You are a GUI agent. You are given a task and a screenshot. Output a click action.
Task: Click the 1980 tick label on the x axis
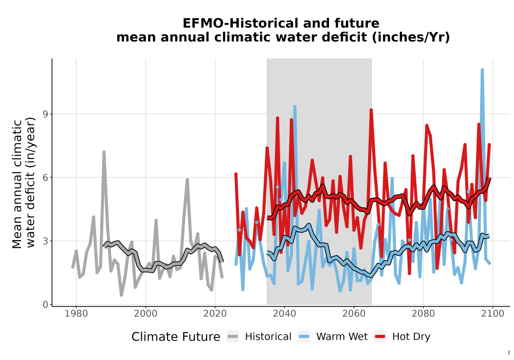[77, 314]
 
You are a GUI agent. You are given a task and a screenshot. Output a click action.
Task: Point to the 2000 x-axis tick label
[145, 314]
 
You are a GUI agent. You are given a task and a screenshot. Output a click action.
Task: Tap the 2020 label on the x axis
[215, 314]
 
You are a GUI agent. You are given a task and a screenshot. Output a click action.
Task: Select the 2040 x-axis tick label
[285, 314]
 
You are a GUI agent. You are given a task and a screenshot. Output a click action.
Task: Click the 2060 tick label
[354, 314]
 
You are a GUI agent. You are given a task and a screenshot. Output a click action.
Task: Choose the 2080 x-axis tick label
[423, 314]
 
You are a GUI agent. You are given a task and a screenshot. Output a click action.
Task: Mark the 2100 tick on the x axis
[492, 314]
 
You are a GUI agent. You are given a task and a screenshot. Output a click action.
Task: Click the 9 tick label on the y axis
[46, 114]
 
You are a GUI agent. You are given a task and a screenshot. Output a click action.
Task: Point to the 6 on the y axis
[46, 177]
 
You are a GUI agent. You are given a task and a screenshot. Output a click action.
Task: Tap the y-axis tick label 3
[46, 241]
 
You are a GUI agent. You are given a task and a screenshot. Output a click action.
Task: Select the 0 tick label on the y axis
[46, 304]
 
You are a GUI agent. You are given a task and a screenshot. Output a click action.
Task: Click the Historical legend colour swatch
[233, 337]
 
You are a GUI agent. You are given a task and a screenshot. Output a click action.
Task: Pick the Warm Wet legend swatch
[304, 337]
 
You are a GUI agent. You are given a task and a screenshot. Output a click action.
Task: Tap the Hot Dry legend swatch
[380, 337]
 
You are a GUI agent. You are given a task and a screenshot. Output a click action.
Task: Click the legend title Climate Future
[176, 337]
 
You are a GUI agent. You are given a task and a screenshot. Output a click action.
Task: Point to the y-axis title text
[24, 183]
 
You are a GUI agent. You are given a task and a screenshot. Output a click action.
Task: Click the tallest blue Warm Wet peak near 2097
[482, 69]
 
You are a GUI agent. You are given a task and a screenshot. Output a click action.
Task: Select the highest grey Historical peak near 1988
[104, 152]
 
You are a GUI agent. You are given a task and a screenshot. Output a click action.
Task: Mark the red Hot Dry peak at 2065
[371, 110]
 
